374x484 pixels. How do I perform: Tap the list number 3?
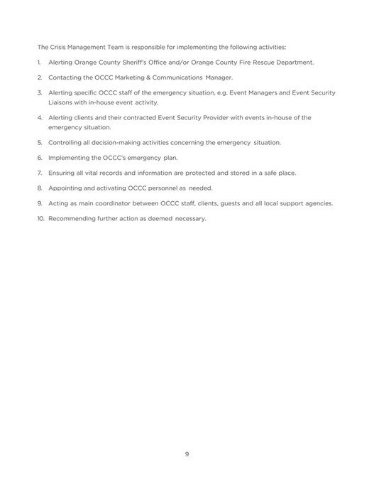pos(40,93)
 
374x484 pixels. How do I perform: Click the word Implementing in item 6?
pos(70,157)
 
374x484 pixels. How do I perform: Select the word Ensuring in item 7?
pos(62,173)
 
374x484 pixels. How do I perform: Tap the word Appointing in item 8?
pos(67,188)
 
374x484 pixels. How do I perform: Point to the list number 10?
pos(40,218)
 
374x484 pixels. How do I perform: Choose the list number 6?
pos(40,157)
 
